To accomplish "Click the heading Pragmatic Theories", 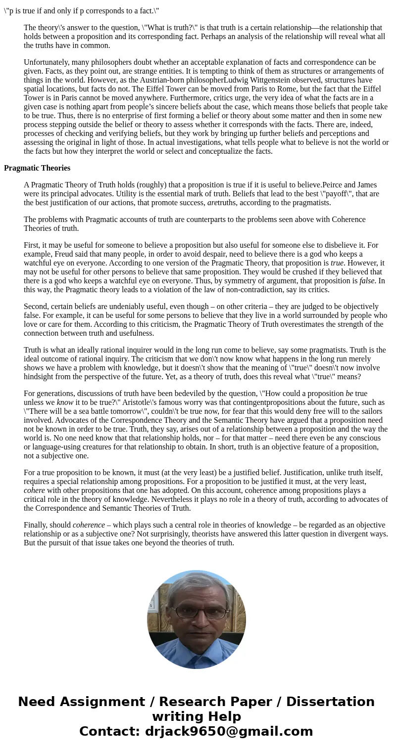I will click(37, 168).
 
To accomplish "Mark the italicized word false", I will click(367, 281).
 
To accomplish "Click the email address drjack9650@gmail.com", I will click(229, 731).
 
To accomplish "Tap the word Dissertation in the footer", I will click(330, 702).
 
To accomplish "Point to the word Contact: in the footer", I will click(110, 731).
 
